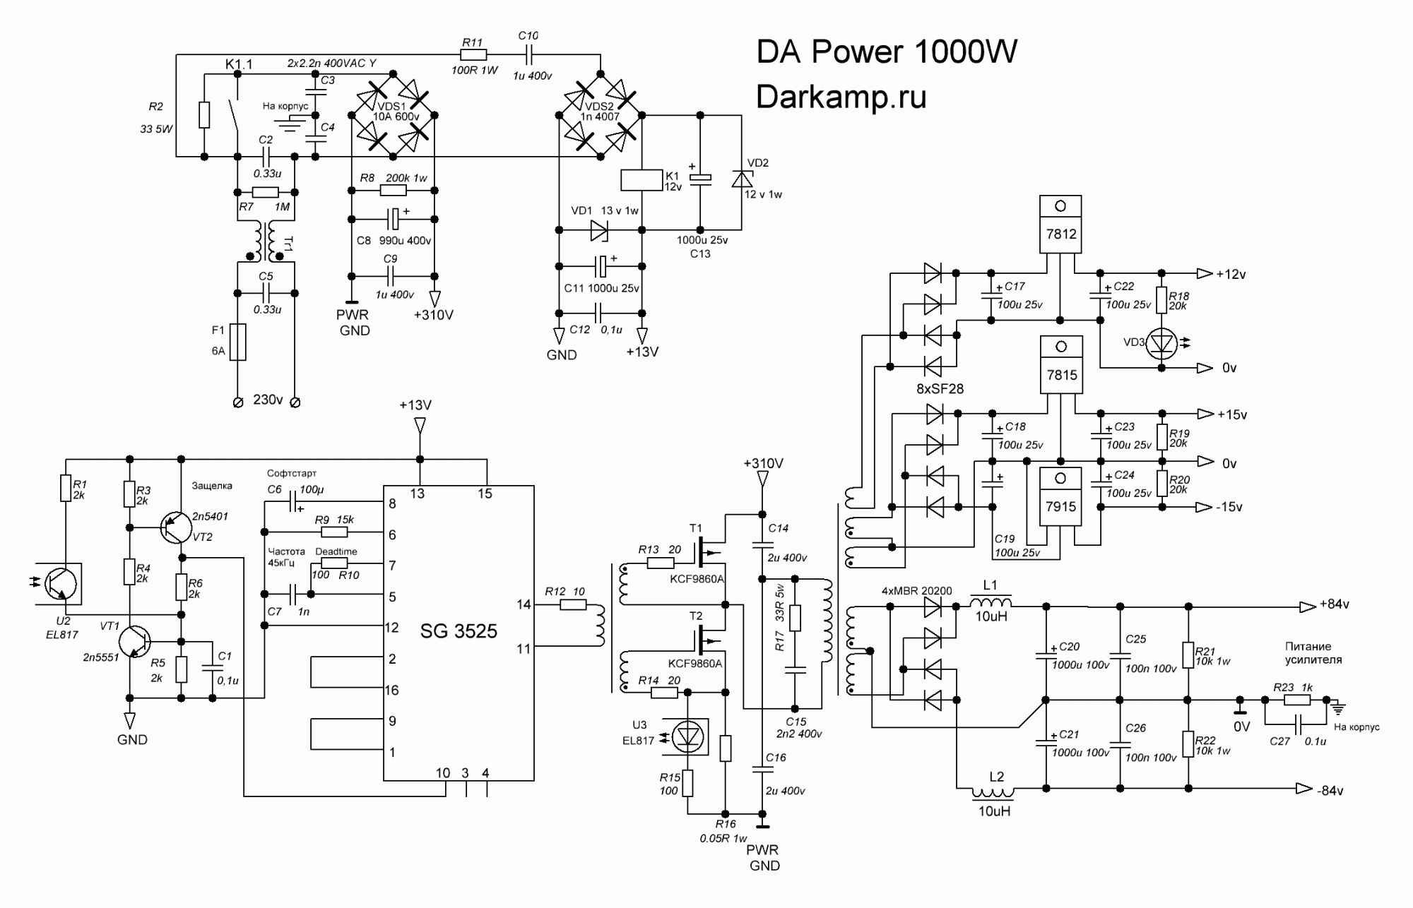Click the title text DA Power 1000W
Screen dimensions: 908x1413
887,52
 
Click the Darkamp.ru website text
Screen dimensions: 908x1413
841,97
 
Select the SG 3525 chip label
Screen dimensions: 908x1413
459,631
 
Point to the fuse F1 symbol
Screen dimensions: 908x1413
238,342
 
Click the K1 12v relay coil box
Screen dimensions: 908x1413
642,180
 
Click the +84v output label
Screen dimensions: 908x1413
1334,605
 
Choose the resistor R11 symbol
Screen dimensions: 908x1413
473,55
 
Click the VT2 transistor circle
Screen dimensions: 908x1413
177,527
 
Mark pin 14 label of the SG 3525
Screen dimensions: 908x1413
524,604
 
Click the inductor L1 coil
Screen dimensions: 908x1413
991,604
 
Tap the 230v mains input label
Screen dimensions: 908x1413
268,400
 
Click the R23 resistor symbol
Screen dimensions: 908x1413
1298,700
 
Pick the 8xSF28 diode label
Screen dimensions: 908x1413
940,389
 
